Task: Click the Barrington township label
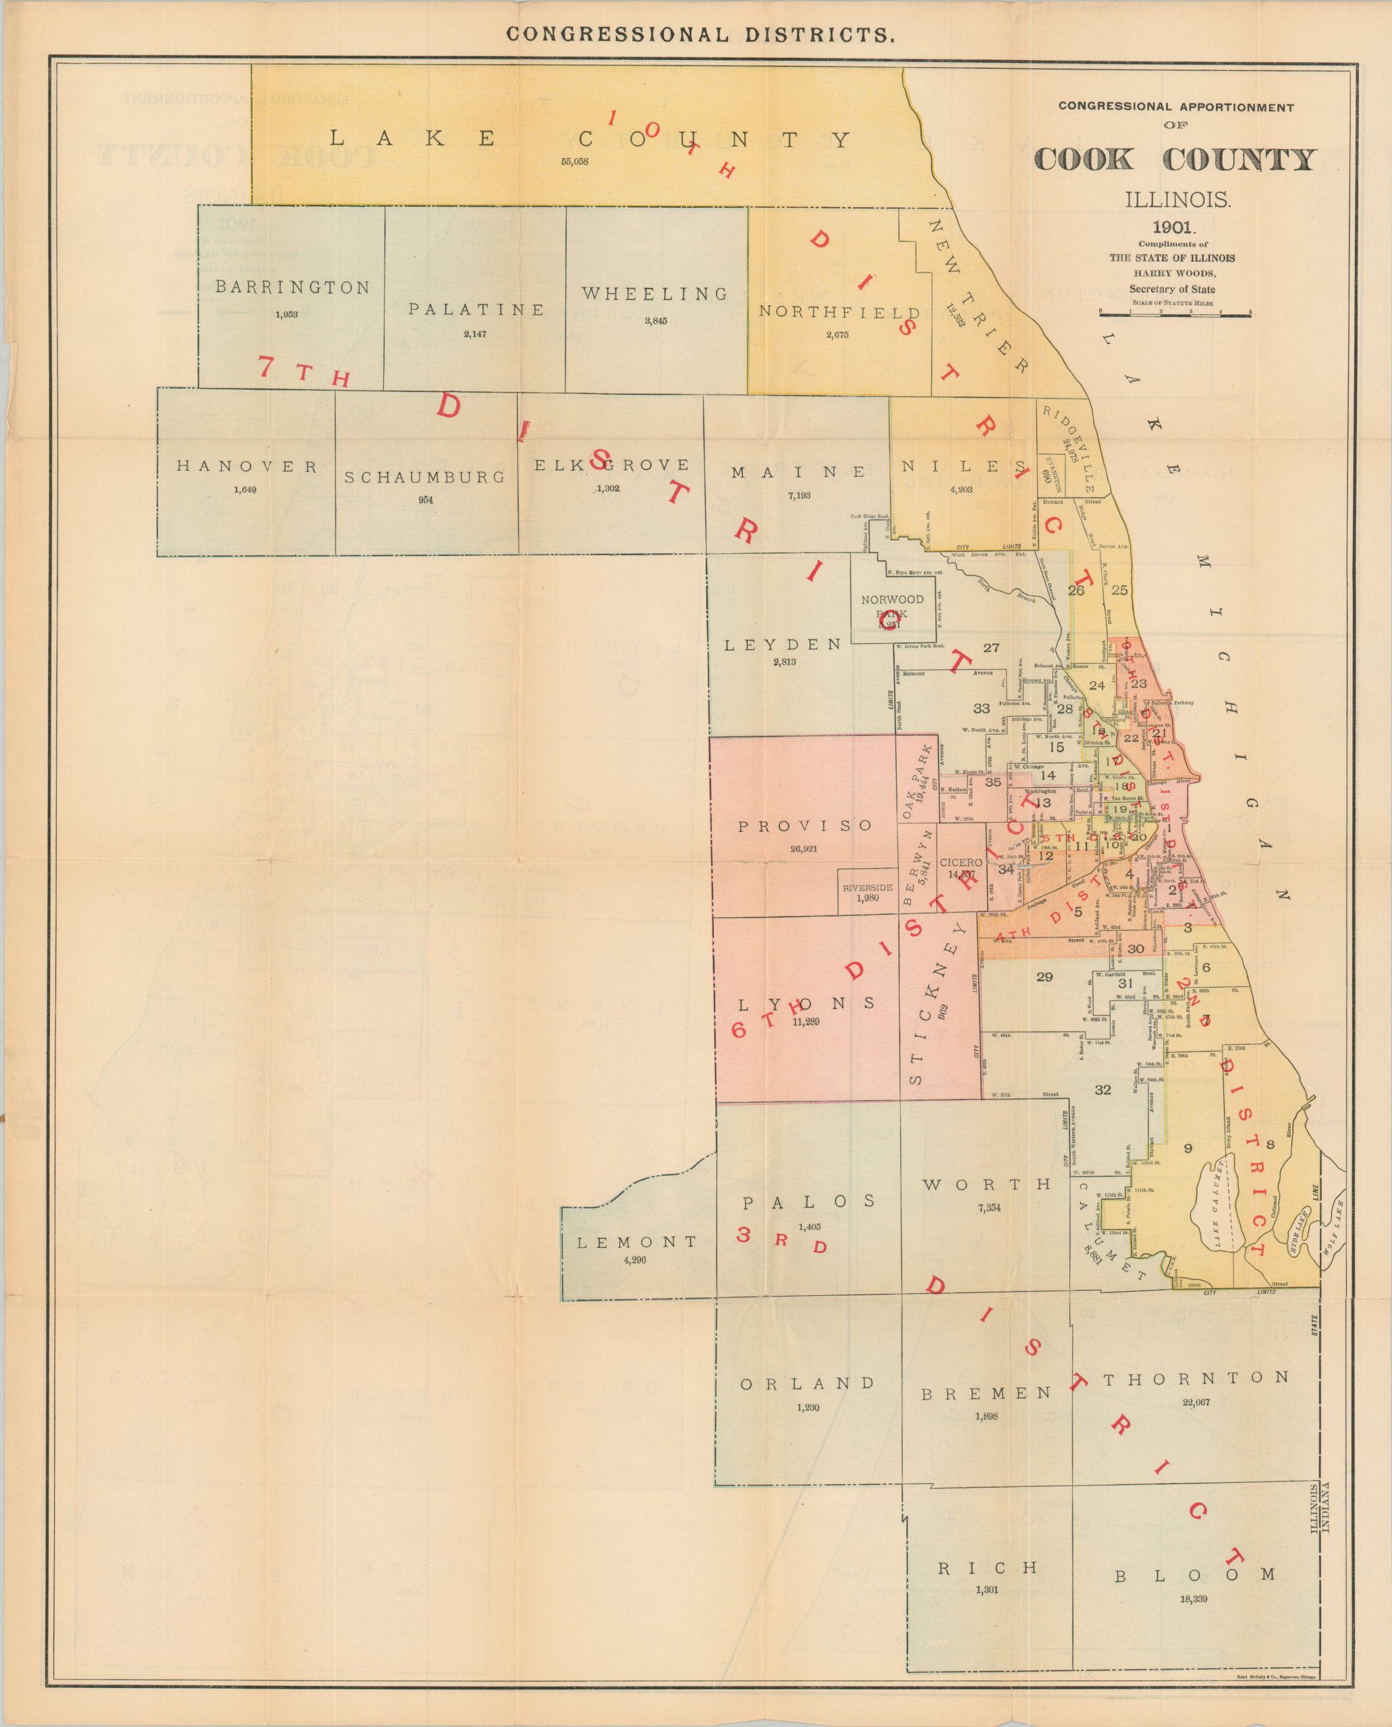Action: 293,287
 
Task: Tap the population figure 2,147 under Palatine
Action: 475,333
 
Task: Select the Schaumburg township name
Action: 425,477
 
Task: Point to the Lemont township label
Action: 638,1242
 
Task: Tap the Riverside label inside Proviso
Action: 867,888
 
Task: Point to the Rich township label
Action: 988,1567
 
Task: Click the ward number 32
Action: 1103,1089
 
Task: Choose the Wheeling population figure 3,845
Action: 655,320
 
